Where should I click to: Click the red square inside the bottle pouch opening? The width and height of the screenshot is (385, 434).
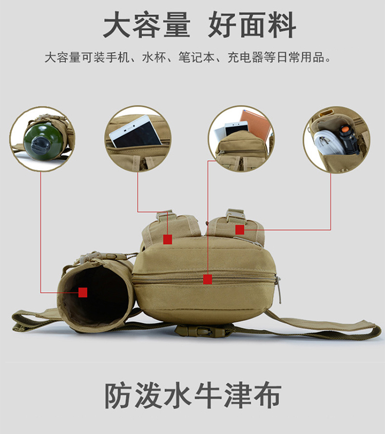[83, 292]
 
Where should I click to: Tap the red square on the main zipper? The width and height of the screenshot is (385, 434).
[207, 279]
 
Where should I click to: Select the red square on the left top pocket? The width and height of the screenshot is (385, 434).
[167, 239]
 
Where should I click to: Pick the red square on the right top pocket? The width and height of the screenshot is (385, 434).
[240, 230]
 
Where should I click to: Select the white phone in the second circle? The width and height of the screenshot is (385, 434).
[135, 132]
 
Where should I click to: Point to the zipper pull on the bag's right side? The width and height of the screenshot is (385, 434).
[278, 288]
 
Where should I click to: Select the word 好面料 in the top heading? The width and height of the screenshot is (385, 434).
[252, 26]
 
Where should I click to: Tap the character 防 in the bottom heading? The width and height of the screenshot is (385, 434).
[118, 395]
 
